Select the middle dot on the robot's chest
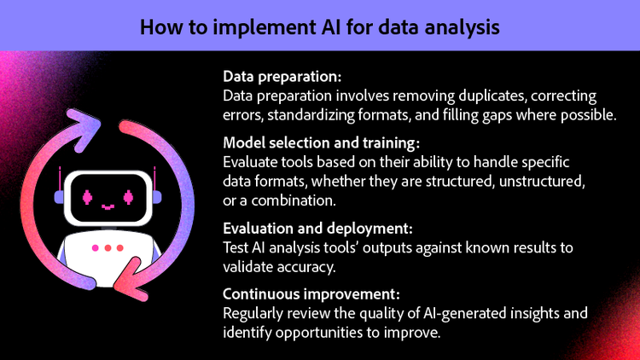108,248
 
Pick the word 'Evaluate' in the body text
248,161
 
